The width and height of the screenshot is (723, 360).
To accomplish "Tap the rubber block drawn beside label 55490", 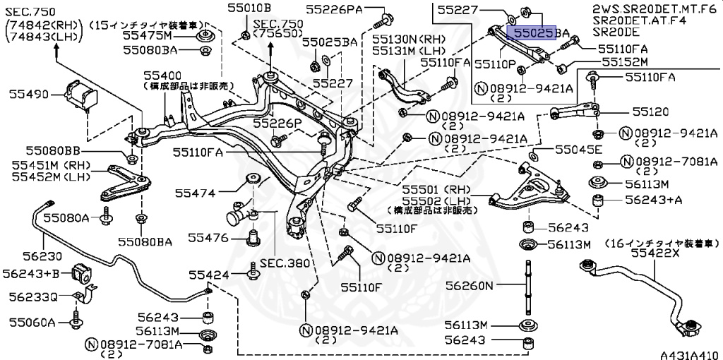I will click(x=79, y=96).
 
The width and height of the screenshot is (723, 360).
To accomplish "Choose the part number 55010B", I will click(x=249, y=9).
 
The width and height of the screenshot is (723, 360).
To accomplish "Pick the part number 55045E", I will click(x=578, y=150).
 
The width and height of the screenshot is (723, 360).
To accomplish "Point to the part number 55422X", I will click(x=655, y=252).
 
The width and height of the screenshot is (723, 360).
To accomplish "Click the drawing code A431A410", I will click(x=689, y=355).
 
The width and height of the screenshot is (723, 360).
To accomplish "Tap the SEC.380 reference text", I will click(x=285, y=263).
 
